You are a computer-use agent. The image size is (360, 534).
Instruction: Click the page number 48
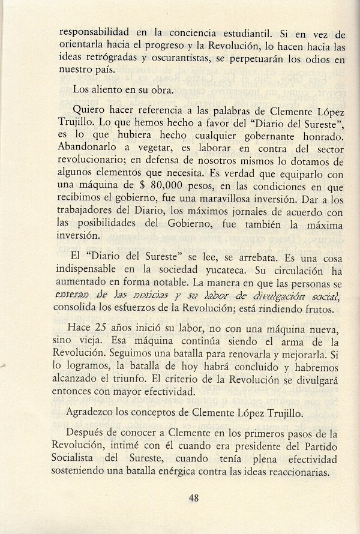pos(193,497)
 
